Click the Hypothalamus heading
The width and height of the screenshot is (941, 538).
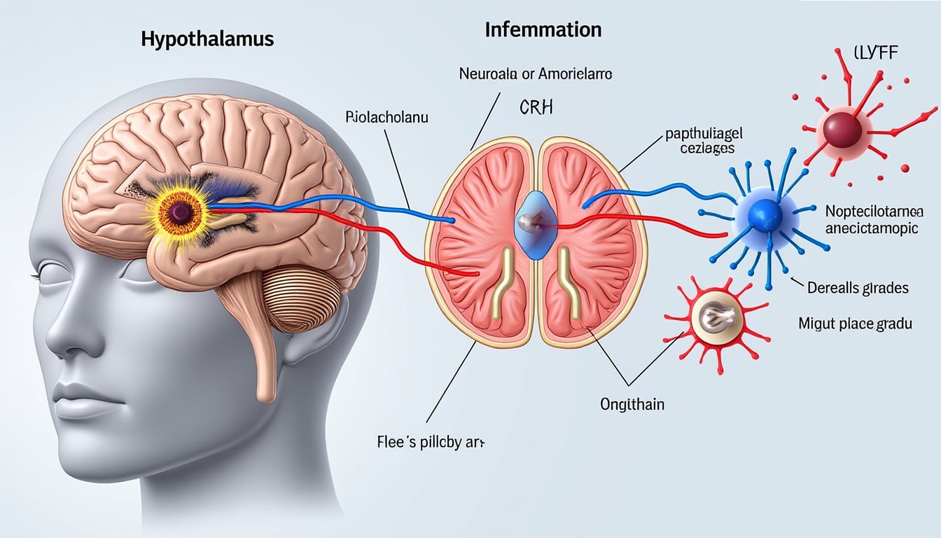(x=207, y=39)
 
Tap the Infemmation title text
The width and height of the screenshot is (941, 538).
(x=543, y=29)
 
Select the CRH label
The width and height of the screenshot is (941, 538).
(x=537, y=108)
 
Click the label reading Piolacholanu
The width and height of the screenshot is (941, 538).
(x=387, y=117)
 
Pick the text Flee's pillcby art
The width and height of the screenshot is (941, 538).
(x=430, y=443)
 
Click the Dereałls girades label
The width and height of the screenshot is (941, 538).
(x=857, y=287)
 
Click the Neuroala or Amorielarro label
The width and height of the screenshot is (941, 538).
(x=536, y=73)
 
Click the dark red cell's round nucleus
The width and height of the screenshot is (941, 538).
(x=842, y=130)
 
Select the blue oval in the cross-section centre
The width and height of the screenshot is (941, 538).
(x=536, y=224)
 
